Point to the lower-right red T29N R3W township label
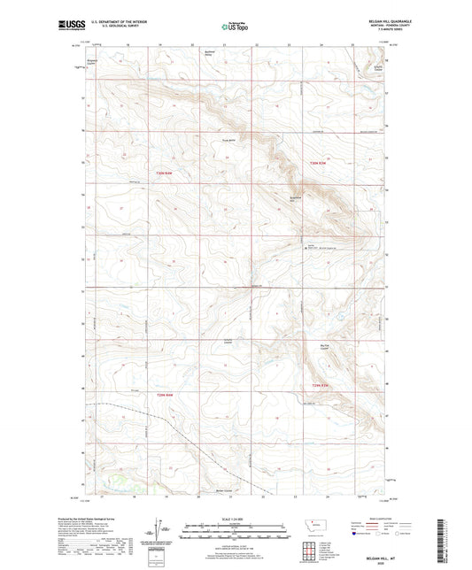pyautogui.click(x=321, y=386)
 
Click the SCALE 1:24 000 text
pyautogui.click(x=235, y=519)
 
